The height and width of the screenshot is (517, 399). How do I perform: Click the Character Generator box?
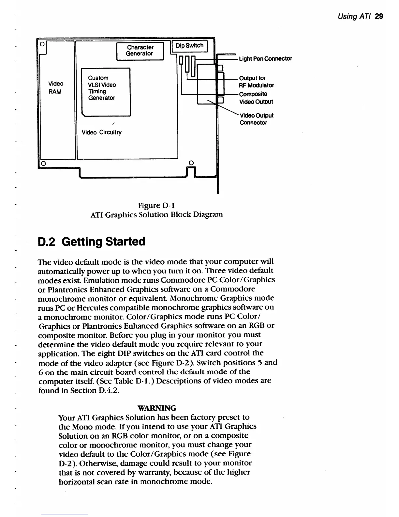[x=140, y=51]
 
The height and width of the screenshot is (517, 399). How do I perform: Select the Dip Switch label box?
[x=189, y=46]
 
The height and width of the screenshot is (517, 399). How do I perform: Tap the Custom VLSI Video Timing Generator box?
[x=105, y=91]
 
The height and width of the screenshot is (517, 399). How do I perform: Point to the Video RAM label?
[x=56, y=87]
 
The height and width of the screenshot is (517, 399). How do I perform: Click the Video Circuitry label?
[x=101, y=132]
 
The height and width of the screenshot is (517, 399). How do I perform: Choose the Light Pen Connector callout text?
[x=265, y=59]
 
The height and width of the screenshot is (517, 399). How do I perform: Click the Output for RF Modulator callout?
[x=256, y=82]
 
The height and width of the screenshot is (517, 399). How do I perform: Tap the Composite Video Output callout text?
[x=256, y=98]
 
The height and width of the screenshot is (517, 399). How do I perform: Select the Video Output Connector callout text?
[x=256, y=119]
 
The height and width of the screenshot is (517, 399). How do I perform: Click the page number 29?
[x=379, y=16]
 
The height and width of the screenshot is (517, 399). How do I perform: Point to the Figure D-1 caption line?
[x=156, y=206]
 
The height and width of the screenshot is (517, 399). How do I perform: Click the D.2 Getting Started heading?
[x=92, y=242]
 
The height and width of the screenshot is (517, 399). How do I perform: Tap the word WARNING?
[x=157, y=408]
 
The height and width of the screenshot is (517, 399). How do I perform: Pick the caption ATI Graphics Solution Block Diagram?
[x=156, y=215]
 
